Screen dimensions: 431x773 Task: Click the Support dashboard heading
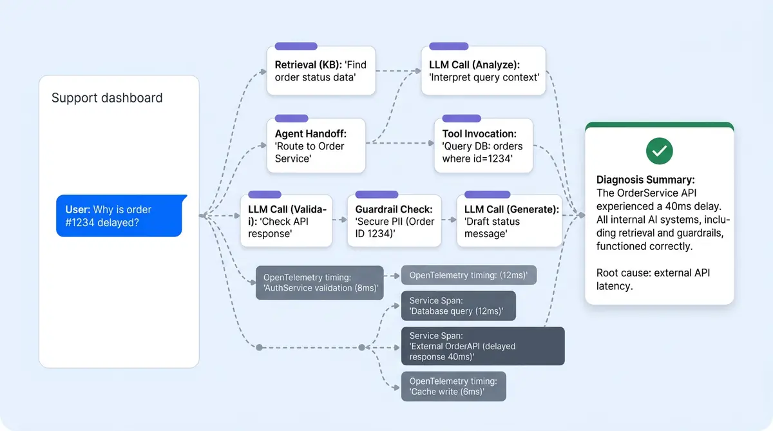[x=107, y=98]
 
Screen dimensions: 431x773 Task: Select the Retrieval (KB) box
[x=321, y=72]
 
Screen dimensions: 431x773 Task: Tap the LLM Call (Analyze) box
[x=483, y=72]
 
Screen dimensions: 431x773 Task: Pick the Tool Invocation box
[x=483, y=146]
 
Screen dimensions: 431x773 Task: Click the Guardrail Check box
[x=394, y=221]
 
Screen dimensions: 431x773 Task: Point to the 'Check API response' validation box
[x=287, y=221]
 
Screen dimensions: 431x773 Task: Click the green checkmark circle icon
[x=659, y=151]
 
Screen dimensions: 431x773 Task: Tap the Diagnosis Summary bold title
[x=645, y=180]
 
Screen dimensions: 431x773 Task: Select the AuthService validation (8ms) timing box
[x=320, y=282]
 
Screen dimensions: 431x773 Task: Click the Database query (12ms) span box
[x=458, y=306]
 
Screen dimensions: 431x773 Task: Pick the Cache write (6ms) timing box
[x=453, y=386]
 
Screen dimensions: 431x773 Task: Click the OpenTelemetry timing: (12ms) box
[x=468, y=275]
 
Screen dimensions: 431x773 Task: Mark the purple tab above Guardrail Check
[x=376, y=194]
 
